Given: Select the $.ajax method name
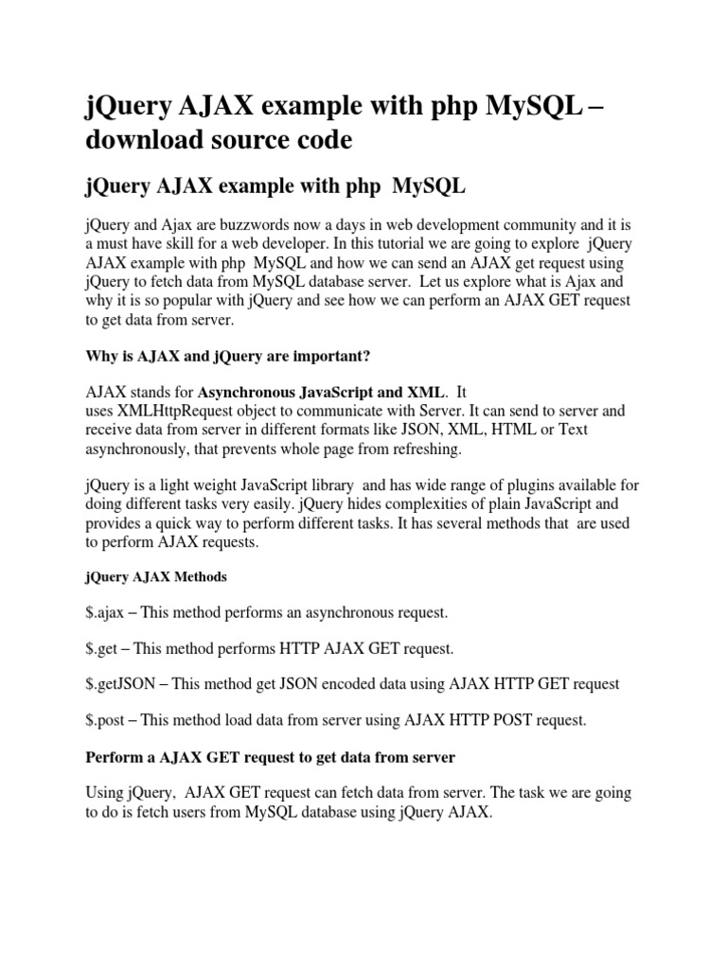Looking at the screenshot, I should pyautogui.click(x=104, y=612).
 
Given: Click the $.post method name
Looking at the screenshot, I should pyautogui.click(x=105, y=720).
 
